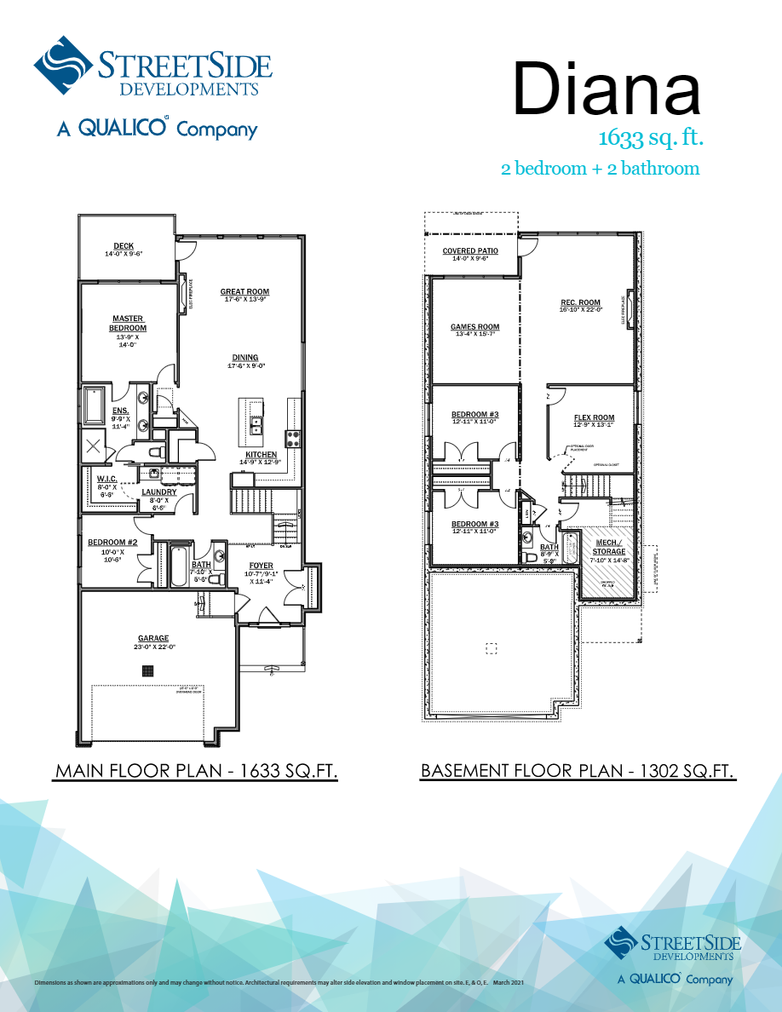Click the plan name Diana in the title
606,89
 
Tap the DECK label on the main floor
124,246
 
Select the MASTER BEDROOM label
128,324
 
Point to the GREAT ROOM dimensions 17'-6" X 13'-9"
244,300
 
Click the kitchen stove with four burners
291,439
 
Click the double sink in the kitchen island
256,426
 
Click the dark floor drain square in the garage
147,670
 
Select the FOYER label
261,566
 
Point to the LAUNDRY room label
158,492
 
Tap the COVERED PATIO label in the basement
470,250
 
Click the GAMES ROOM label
474,327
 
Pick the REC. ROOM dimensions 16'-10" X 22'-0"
580,310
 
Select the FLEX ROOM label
594,417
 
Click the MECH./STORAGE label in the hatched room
609,547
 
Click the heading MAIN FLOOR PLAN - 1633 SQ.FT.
196,772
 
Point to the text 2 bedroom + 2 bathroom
600,169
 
